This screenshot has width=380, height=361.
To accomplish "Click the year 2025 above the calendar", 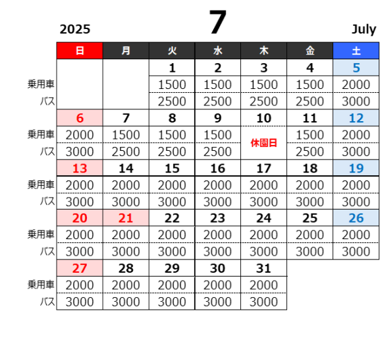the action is (75, 30).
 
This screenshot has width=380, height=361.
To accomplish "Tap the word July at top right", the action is (364, 30).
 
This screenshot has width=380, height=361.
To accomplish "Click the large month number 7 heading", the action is (217, 22).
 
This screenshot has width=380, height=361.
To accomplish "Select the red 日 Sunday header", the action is (80, 51).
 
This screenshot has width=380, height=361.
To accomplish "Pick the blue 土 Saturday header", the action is (356, 51).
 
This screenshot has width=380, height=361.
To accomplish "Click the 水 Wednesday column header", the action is (217, 51).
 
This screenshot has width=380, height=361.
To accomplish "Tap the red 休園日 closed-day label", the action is (263, 143).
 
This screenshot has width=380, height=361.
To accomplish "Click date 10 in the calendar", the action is (263, 118).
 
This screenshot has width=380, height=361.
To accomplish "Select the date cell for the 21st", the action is (126, 218).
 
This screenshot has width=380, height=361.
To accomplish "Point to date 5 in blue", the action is (356, 68).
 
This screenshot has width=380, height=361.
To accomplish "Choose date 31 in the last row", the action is (263, 268).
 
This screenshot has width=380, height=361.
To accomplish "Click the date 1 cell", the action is (172, 68).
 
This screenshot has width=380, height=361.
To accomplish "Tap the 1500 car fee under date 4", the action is (310, 84).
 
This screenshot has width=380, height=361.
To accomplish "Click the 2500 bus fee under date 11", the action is (310, 152).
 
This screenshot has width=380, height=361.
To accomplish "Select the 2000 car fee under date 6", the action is (80, 135).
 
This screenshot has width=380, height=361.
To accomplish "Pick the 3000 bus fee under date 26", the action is (356, 252).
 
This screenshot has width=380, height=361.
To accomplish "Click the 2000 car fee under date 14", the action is (126, 186).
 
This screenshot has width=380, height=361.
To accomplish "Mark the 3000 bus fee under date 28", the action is (126, 302).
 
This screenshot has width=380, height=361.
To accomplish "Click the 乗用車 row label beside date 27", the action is (41, 285).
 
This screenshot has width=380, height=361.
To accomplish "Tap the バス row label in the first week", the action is (47, 101).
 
